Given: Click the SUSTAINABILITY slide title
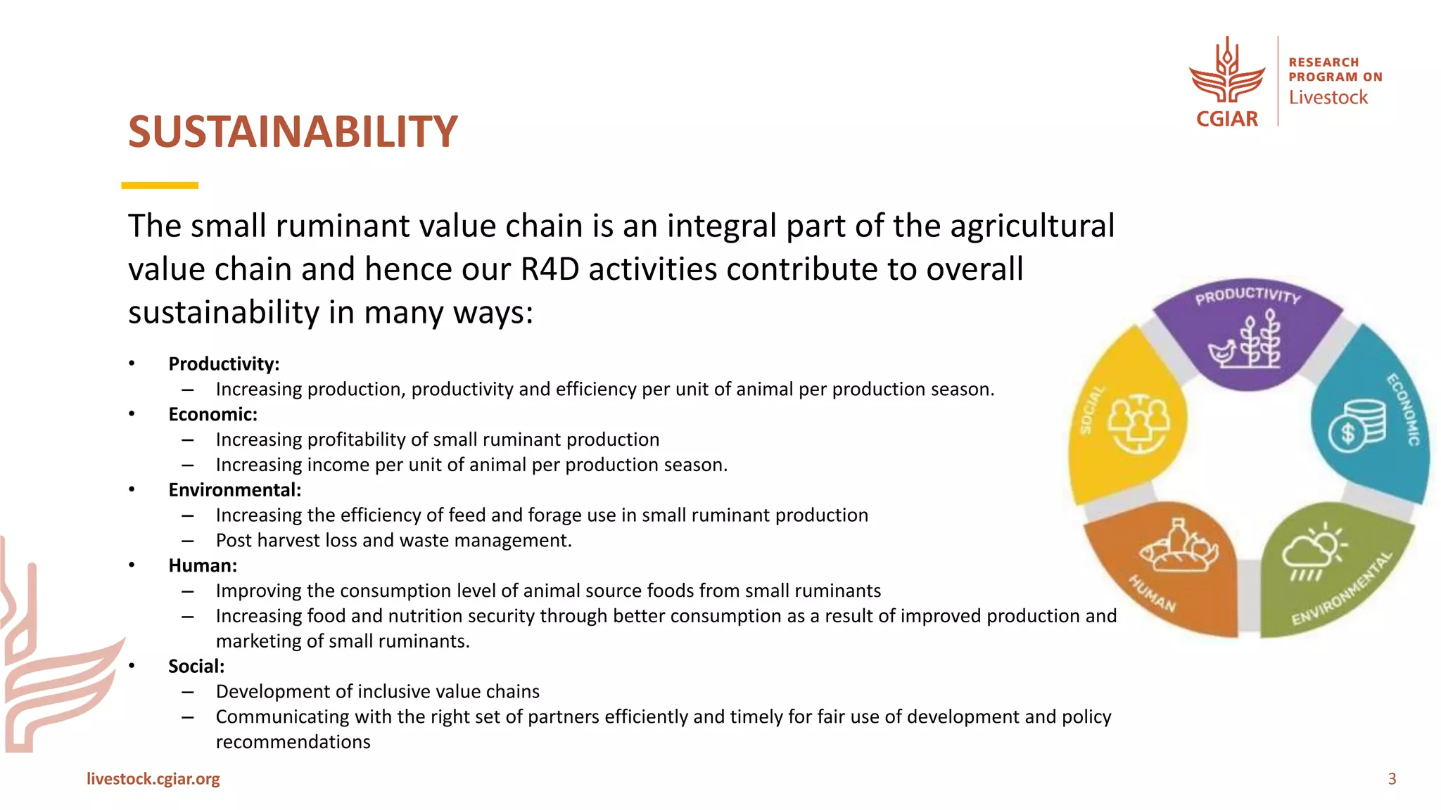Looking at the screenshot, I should click(293, 132).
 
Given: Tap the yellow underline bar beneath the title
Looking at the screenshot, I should click(160, 186).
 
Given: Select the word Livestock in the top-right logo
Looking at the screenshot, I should click(1328, 98).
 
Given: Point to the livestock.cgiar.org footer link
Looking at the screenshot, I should click(153, 779).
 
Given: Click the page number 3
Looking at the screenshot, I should click(1391, 779).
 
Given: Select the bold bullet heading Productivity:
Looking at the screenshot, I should click(224, 364).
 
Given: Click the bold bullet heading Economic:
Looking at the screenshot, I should click(212, 415).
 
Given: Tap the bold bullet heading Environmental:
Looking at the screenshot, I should click(234, 490).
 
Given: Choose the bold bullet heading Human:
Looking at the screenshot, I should click(203, 566).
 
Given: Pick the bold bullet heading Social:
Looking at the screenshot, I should click(196, 667).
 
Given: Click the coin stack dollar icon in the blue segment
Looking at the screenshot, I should click(1357, 425).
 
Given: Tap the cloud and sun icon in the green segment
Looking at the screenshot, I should click(1312, 552).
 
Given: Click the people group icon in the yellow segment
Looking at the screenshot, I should click(1138, 423).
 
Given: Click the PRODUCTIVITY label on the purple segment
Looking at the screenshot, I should click(1248, 295).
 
